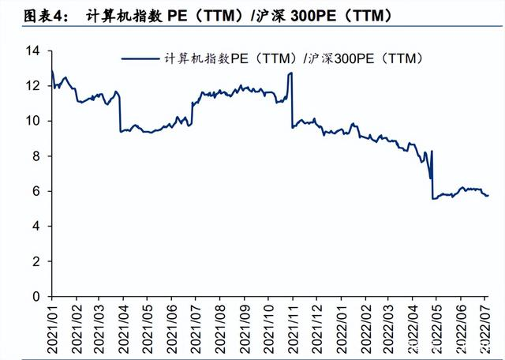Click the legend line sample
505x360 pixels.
pos(141,58)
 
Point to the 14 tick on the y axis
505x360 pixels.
pos(32,51)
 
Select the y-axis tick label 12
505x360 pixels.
pos(32,86)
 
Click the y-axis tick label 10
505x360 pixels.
pos(32,121)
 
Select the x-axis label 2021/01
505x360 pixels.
pos(53,325)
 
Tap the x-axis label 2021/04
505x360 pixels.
pos(123,325)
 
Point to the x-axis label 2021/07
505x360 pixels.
pos(195,325)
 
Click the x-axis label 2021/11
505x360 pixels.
pos(291,325)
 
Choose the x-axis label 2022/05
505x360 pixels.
pos(434,325)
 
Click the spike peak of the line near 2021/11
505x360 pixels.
pos(291,73)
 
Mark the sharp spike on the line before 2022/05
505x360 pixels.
pos(432,151)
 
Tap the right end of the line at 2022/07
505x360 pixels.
pos(488,195)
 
